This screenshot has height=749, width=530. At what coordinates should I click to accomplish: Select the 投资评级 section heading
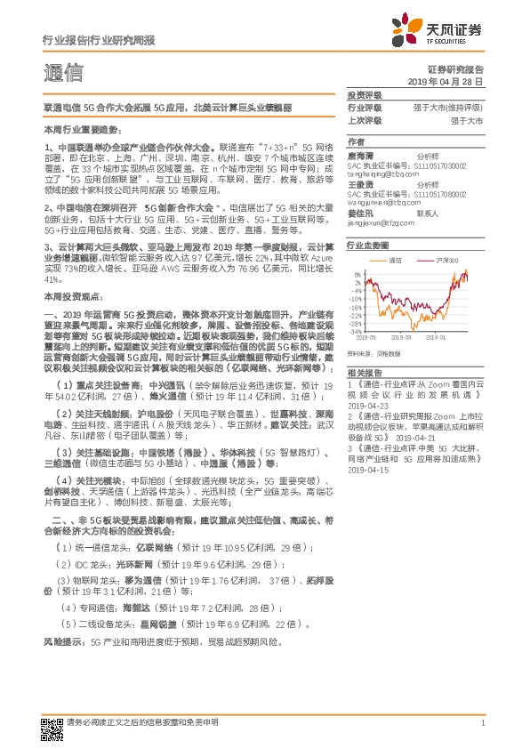coord(364,93)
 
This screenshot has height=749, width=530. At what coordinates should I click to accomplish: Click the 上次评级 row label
coord(364,118)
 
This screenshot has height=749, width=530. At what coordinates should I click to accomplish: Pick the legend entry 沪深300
coord(448,260)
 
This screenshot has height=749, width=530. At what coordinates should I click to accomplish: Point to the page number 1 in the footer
coord(481,722)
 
